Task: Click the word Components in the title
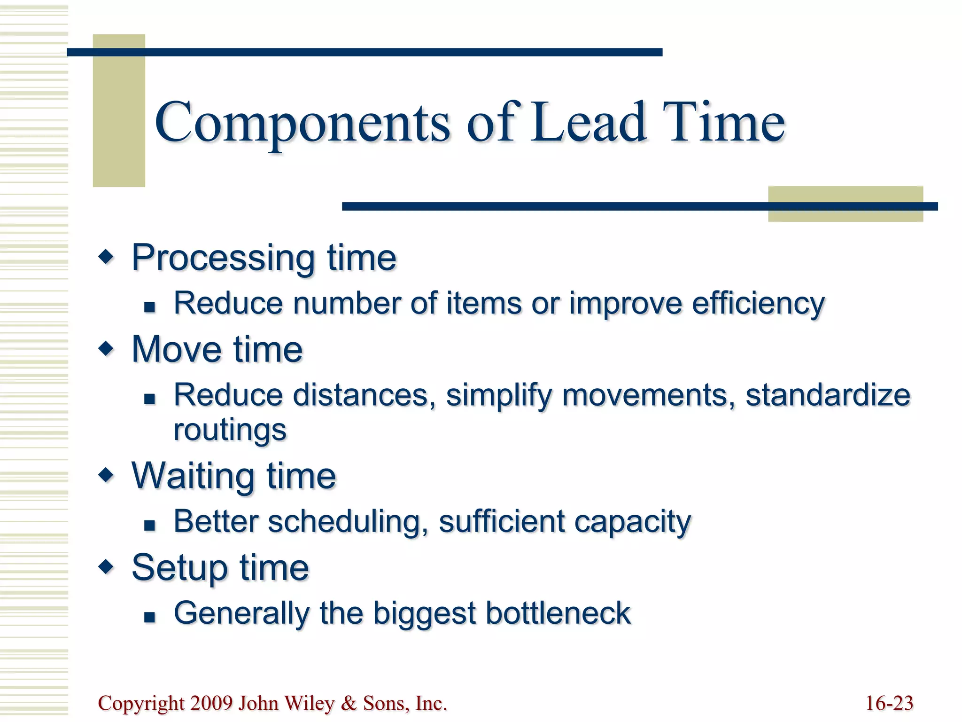[303, 123]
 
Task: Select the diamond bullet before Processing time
[107, 257]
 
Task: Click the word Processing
[224, 259]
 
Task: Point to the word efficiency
[758, 304]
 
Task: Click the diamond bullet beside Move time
[107, 349]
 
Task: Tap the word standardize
[828, 395]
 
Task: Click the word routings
[230, 431]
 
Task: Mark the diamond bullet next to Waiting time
[107, 475]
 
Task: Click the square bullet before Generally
[149, 617]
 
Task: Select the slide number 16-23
[889, 703]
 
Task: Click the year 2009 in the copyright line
[211, 703]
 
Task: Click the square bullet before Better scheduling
[149, 525]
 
